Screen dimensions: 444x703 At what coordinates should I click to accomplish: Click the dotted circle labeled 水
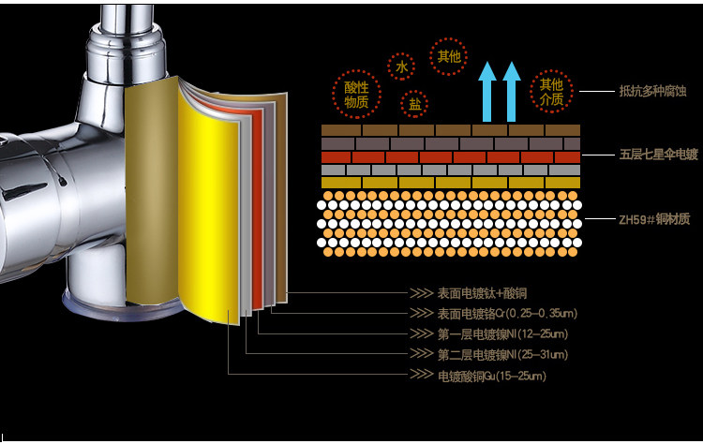(401, 67)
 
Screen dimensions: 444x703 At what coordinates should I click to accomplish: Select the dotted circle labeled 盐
(413, 104)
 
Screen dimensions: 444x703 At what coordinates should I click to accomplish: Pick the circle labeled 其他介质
(551, 92)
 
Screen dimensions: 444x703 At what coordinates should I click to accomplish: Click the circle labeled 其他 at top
(450, 56)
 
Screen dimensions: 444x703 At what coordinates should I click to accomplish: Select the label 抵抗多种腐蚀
(648, 91)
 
